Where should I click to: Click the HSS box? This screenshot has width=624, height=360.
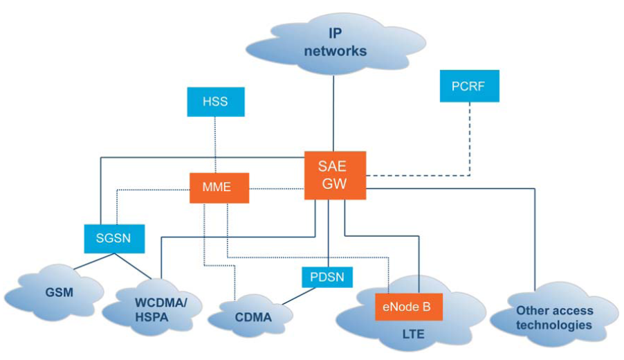coord(215,102)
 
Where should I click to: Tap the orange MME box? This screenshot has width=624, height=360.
coord(219,187)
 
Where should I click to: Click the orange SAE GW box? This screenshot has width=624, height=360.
coord(335,175)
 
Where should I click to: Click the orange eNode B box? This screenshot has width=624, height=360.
coord(407,306)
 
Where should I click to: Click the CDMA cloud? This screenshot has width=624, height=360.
coord(254,318)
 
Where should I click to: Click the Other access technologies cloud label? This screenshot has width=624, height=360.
coord(553,318)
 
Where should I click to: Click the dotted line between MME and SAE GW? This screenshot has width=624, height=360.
coord(277,187)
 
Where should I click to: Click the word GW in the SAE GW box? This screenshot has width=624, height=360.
coord(335,185)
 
